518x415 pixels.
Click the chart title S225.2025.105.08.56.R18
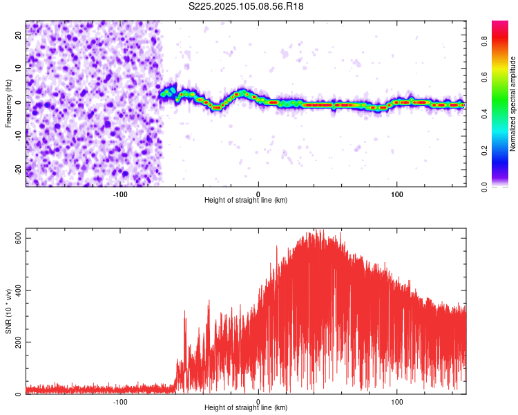pos(247,6)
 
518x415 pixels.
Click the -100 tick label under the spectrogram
pos(121,194)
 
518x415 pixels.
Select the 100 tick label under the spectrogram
pos(397,194)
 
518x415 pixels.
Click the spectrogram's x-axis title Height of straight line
pos(246,200)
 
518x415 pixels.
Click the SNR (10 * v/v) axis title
pos(8,311)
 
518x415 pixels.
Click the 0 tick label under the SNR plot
pos(258,401)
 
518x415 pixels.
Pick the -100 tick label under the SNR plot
pos(121,401)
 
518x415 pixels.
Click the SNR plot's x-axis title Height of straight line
pos(246,407)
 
